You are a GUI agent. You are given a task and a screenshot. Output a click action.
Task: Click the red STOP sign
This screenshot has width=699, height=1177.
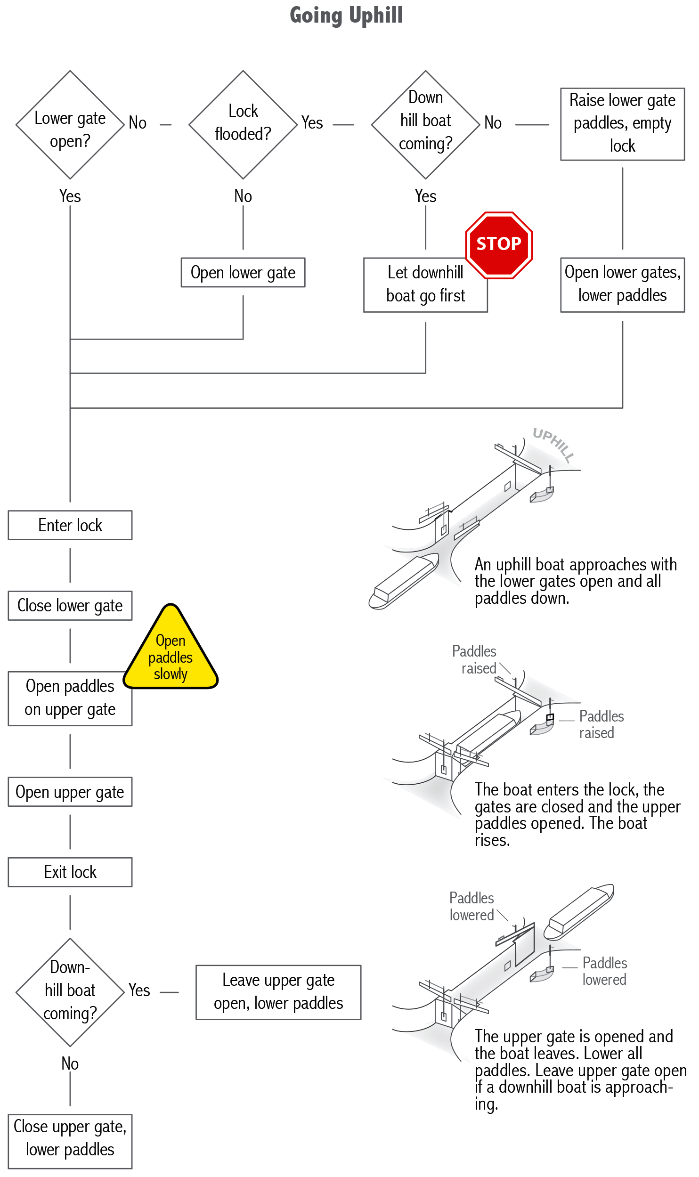tap(499, 244)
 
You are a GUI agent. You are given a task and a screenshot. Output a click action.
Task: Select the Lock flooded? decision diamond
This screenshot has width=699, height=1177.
tap(243, 124)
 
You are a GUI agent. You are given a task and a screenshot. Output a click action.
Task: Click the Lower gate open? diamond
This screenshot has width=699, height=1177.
tap(70, 125)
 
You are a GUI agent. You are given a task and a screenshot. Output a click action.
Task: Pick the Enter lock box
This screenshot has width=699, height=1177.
tap(70, 525)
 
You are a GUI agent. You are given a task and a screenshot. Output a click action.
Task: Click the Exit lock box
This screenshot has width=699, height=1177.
tap(70, 872)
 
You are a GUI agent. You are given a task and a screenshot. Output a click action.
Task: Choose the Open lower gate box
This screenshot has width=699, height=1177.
tap(243, 272)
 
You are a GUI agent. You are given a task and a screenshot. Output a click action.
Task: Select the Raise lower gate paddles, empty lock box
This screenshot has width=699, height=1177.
tap(622, 124)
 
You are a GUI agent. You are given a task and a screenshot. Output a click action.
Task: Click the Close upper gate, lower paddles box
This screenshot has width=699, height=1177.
tap(70, 1141)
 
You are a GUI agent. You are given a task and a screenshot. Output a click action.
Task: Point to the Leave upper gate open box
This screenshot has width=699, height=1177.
tap(278, 992)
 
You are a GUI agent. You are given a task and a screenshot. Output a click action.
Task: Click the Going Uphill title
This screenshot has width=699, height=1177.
tap(346, 15)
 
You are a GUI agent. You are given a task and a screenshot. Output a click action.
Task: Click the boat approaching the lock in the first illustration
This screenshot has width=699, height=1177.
tap(404, 582)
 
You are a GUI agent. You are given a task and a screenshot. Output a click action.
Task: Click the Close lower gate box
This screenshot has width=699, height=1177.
tap(70, 606)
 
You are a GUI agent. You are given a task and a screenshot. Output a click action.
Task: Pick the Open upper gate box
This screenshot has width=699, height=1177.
tap(70, 792)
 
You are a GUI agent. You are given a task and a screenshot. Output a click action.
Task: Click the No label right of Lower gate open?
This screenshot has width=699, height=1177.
tap(138, 123)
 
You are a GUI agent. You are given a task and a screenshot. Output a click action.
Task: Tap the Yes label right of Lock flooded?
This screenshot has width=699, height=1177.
tap(312, 123)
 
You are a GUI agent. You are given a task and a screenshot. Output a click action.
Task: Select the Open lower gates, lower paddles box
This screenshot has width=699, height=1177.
tap(622, 284)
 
